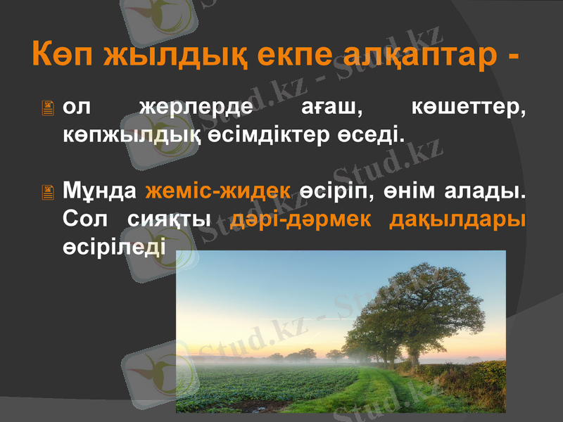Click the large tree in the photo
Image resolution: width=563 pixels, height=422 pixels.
tap(422, 309)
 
